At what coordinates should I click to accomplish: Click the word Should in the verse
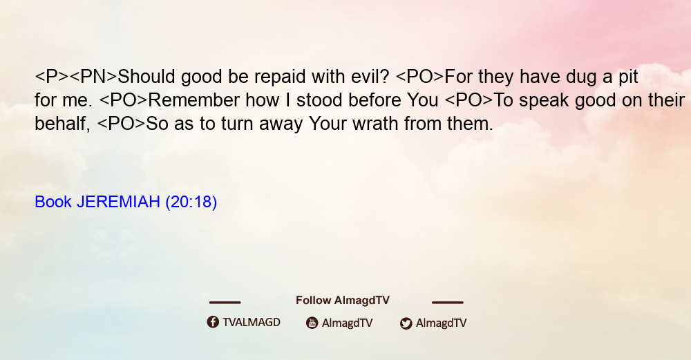click(x=146, y=77)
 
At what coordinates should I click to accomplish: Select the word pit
click(x=628, y=77)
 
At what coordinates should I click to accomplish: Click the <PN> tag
click(x=93, y=77)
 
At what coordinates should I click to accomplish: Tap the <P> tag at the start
click(x=52, y=77)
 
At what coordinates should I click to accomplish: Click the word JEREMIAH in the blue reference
click(x=118, y=202)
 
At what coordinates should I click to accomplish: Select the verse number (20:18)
click(x=191, y=202)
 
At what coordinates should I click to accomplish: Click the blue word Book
click(x=53, y=202)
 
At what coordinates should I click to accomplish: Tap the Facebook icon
click(x=213, y=322)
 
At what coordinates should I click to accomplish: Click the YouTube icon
click(x=312, y=323)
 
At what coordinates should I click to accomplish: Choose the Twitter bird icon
click(x=406, y=323)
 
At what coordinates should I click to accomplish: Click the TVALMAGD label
click(x=252, y=322)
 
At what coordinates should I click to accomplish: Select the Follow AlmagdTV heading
click(x=343, y=301)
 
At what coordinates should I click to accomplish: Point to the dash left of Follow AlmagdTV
click(x=225, y=302)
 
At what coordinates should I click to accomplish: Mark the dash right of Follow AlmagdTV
click(x=448, y=302)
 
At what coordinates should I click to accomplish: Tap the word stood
click(x=319, y=100)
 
